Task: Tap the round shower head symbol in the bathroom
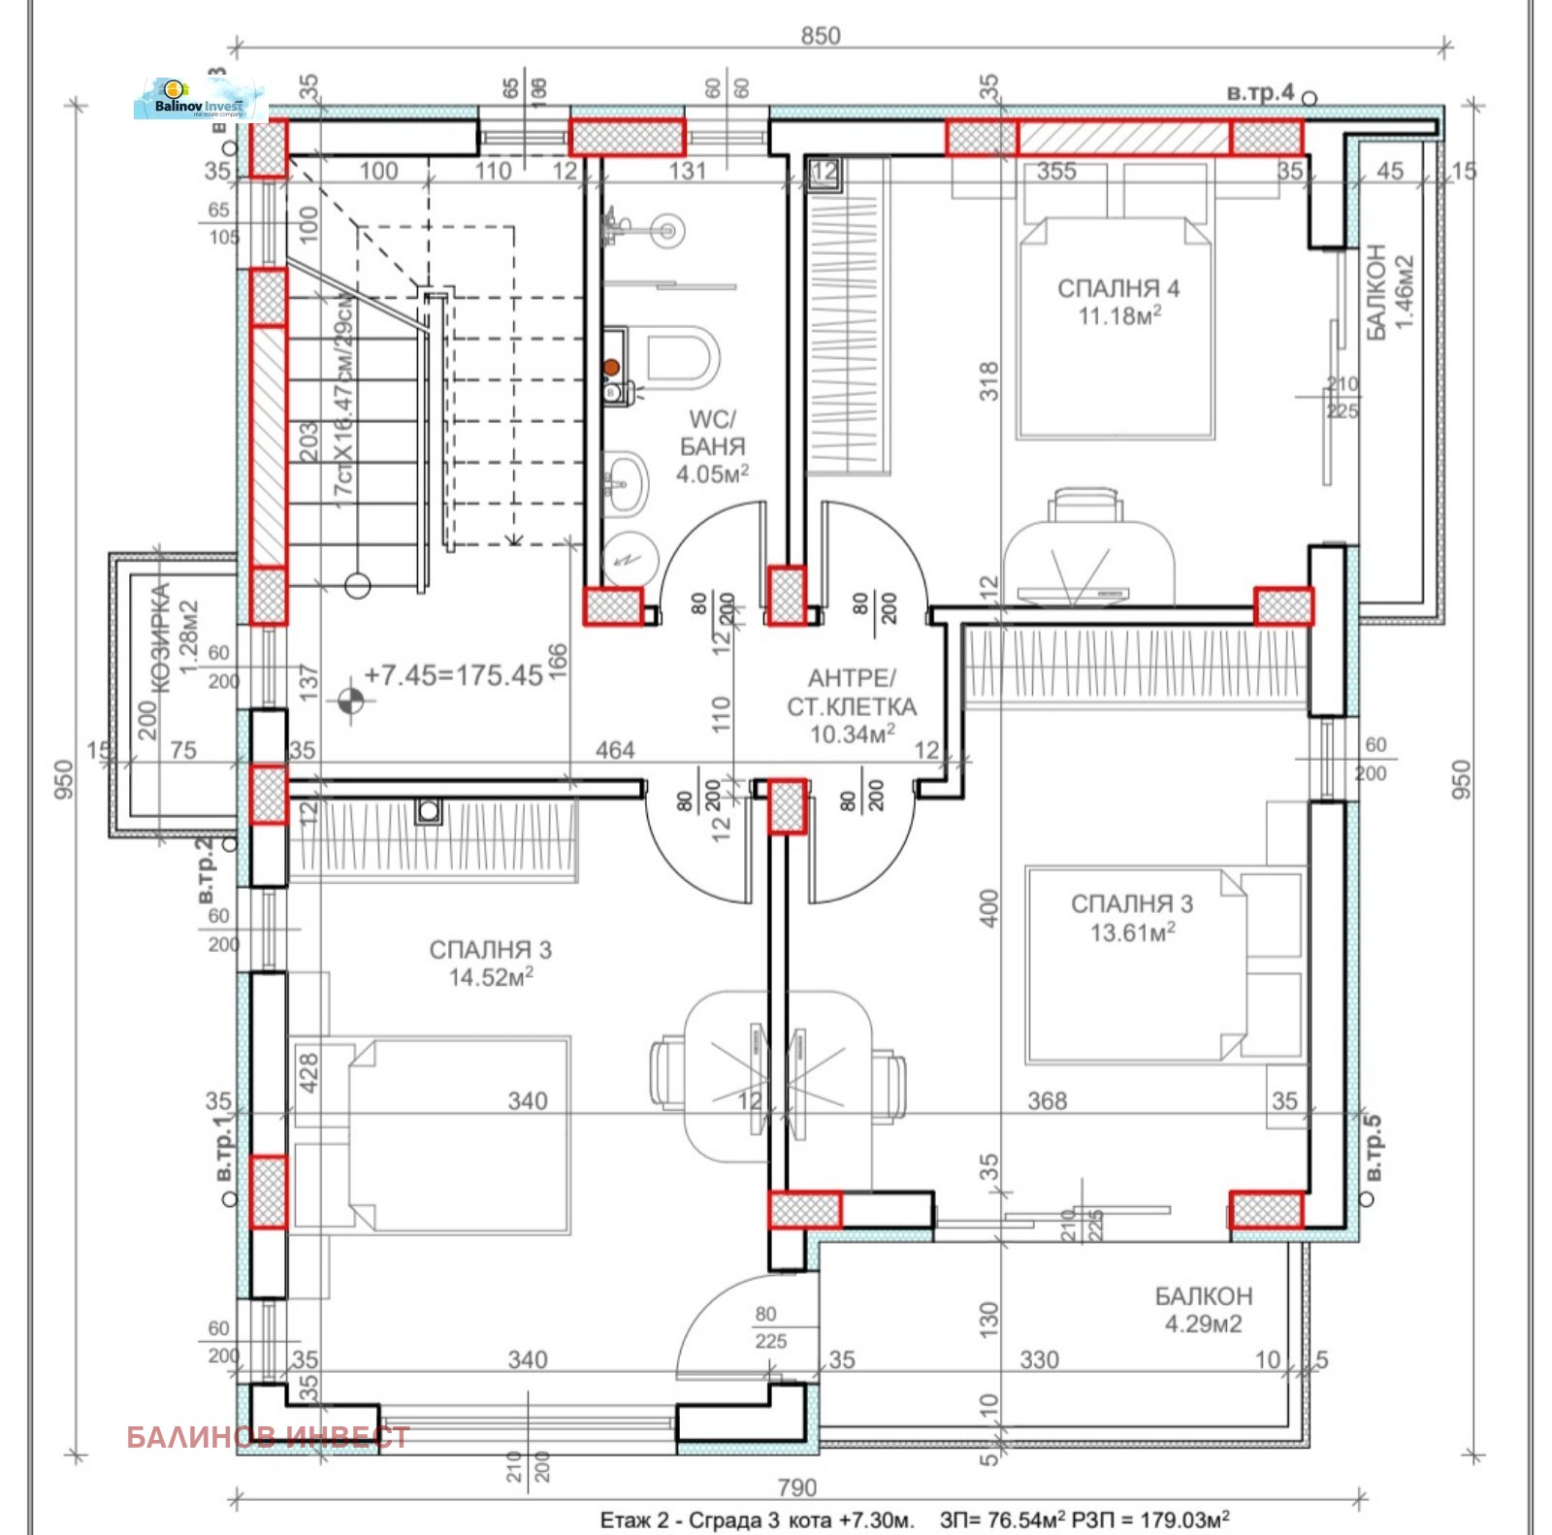(665, 230)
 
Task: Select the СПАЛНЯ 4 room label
(1117, 288)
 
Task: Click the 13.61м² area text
(1132, 932)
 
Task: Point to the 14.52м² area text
(491, 977)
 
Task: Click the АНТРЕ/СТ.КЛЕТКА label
(851, 692)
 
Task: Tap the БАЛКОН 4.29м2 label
(1203, 1309)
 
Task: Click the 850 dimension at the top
(820, 36)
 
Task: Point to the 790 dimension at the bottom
(797, 1487)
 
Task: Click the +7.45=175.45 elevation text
(453, 675)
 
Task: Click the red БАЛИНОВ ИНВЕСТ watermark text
(268, 1437)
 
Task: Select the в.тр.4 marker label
(1259, 93)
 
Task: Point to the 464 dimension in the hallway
(615, 750)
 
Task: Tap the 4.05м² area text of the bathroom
(711, 474)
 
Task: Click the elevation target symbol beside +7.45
(351, 699)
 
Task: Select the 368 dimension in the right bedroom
(1047, 1100)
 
